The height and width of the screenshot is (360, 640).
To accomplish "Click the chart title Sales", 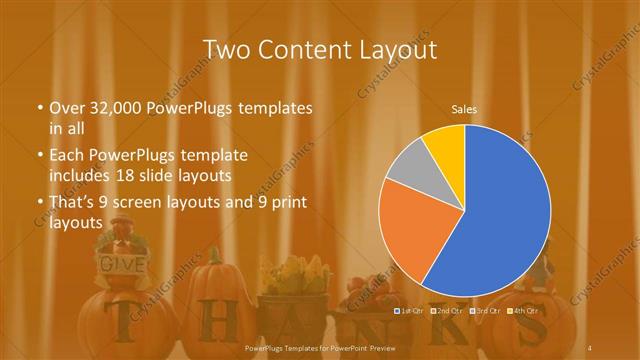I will pyautogui.click(x=464, y=108).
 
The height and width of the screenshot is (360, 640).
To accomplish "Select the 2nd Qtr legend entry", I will pyautogui.click(x=446, y=311).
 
